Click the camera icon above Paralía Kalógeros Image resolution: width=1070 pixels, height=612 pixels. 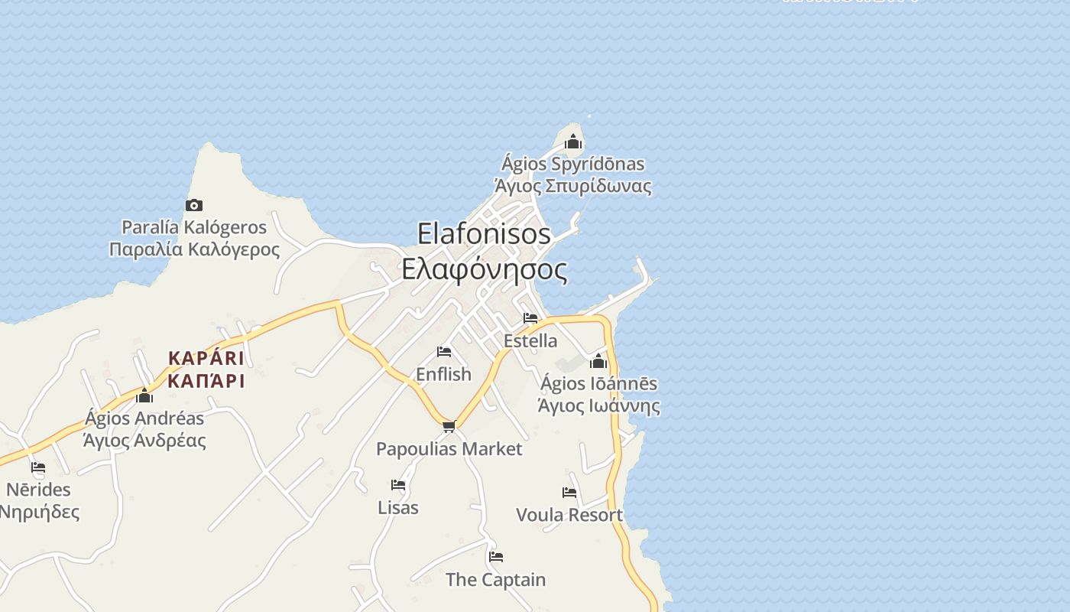(x=194, y=205)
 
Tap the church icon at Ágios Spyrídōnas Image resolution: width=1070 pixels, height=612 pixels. (x=573, y=142)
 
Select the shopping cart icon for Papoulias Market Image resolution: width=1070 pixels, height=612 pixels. (x=449, y=426)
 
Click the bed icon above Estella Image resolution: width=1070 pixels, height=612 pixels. (x=530, y=318)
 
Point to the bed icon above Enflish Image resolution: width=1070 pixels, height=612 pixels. (x=444, y=352)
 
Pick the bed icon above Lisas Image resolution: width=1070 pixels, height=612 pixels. (x=398, y=485)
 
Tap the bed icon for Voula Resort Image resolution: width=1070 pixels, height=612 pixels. (x=569, y=493)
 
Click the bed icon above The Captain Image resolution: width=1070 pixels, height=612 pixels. (x=496, y=557)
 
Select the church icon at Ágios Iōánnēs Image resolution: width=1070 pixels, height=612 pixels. (x=598, y=361)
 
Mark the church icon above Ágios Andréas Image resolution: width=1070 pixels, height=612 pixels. (x=144, y=396)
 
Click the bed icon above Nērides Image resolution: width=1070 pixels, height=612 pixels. (x=38, y=467)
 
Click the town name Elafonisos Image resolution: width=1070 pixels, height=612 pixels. (x=485, y=234)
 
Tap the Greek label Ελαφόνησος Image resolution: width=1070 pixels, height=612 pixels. (x=485, y=269)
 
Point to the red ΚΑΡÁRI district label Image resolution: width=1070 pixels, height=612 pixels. (x=206, y=358)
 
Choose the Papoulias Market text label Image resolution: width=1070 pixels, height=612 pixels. (x=449, y=449)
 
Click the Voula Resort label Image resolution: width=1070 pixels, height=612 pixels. (x=569, y=515)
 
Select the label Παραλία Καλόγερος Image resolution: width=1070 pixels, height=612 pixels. (x=195, y=249)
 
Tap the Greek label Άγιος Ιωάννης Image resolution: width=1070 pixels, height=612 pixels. (x=599, y=405)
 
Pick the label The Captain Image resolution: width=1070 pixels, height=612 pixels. (x=496, y=580)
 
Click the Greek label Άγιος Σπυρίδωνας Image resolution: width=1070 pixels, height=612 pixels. (x=573, y=186)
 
